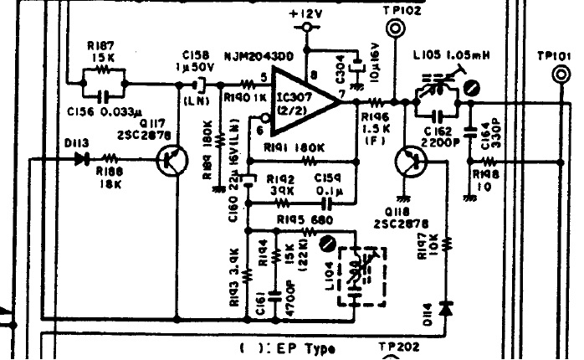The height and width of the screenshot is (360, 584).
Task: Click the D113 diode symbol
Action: pyautogui.click(x=81, y=157)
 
